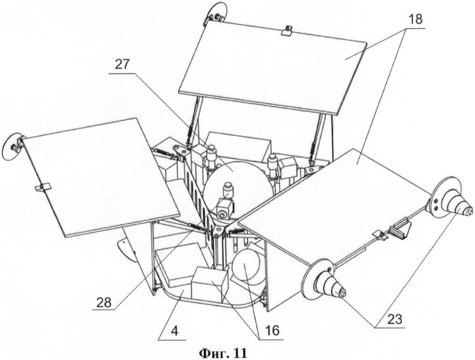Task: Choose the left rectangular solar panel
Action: pos(101,176)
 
